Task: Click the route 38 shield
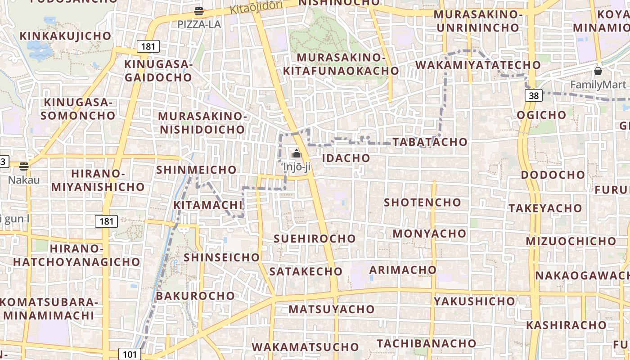coord(534,95)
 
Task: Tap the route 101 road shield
coord(129,354)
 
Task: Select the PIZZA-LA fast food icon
coord(199,11)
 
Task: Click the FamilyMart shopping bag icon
coord(598,71)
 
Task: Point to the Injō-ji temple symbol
coord(296,154)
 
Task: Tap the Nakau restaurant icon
coord(24,166)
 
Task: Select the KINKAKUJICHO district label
coord(65,36)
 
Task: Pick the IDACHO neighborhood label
coord(346,158)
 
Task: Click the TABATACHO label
coord(430,142)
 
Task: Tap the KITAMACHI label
coord(208,205)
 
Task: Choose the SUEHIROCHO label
coord(315,238)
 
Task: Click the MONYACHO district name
coord(429,234)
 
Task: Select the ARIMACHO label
coord(403,270)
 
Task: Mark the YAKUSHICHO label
coord(474,301)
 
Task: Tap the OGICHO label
coord(541,115)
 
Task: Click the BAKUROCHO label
coord(195,296)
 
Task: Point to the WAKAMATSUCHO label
coord(305,347)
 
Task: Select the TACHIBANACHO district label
coord(426,343)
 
